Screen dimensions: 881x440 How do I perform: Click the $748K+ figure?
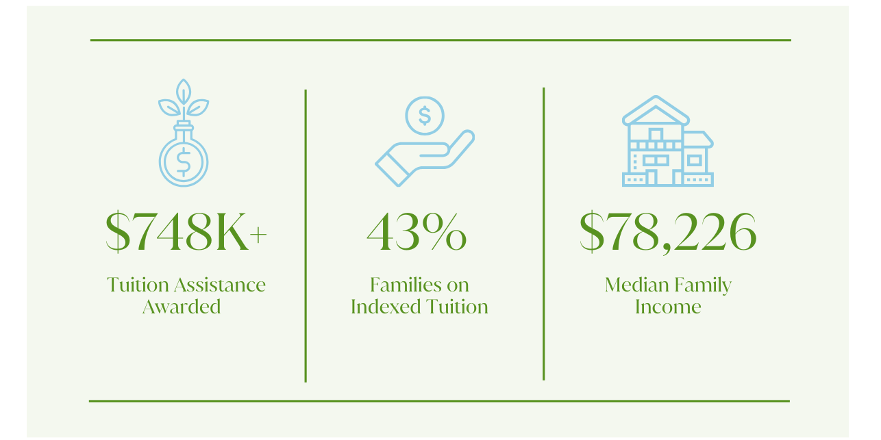(186, 233)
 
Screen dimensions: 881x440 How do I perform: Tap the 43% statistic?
(417, 233)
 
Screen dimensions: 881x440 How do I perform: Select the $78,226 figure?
(668, 233)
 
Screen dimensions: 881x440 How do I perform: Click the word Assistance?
(220, 285)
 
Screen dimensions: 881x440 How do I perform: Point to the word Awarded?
(182, 307)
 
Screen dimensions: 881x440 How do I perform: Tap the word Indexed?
(386, 307)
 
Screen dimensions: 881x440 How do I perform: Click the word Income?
(668, 307)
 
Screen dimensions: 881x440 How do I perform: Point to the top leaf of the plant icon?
(184, 92)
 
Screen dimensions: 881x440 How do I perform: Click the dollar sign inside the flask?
(184, 162)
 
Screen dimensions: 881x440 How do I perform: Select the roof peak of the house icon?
(656, 96)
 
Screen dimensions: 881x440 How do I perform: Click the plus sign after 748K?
(258, 235)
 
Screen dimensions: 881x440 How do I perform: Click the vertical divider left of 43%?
(306, 235)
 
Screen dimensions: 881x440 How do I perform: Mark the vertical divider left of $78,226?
(543, 234)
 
